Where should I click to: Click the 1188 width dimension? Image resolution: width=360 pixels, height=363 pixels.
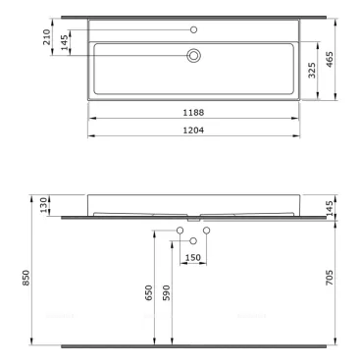click(193, 113)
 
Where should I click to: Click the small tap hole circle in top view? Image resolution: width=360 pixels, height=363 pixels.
click(193, 28)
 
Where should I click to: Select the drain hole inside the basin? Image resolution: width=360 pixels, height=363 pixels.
click(193, 56)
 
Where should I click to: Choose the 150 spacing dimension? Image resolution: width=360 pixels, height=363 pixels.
click(194, 258)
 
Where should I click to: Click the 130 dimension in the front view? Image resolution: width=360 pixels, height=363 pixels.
click(43, 204)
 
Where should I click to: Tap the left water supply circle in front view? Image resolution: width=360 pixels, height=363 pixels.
click(180, 231)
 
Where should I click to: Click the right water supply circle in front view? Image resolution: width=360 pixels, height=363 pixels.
click(207, 231)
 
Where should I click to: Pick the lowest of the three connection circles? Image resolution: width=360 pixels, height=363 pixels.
click(193, 241)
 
